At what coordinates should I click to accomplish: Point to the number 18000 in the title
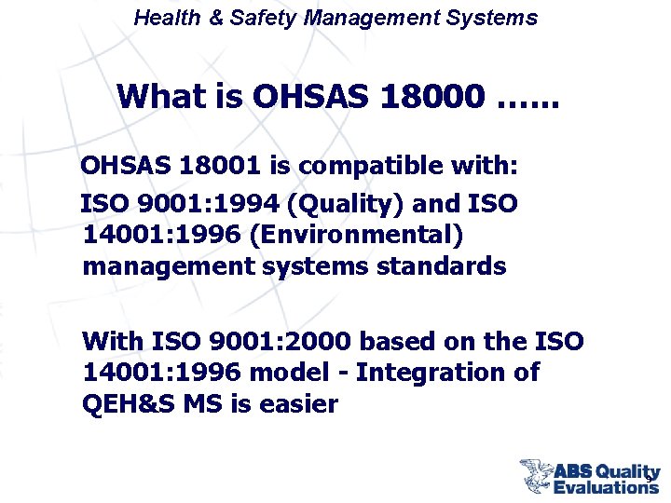coord(433,96)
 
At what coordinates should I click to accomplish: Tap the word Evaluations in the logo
coord(606,485)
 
